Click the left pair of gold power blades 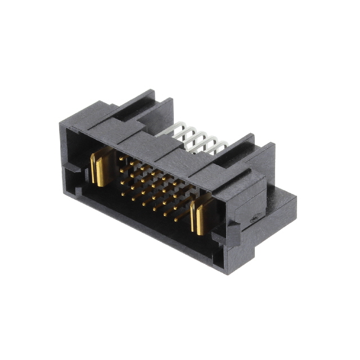(x=100, y=169)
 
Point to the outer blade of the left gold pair (x=94, y=169)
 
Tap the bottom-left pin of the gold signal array (x=122, y=193)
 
